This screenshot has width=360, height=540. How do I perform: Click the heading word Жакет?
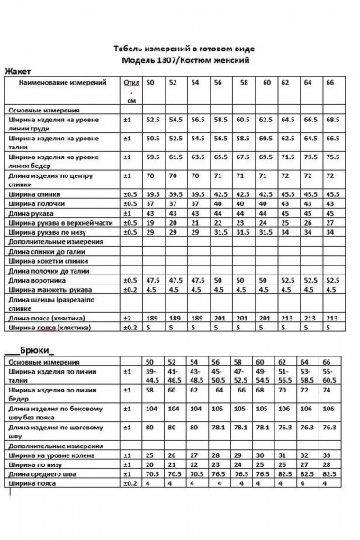18,70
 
